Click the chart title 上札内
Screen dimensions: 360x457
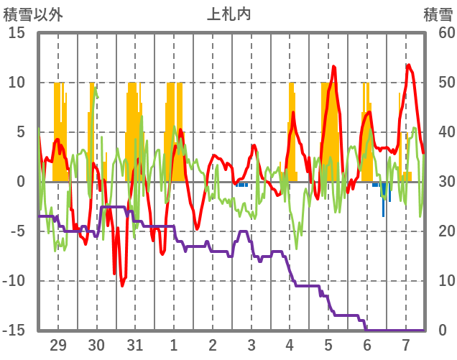(x=229, y=14)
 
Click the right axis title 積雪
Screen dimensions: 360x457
(x=437, y=14)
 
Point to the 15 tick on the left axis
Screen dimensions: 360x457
(x=18, y=33)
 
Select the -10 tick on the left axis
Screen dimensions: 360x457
(x=15, y=281)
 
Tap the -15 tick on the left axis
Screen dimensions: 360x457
(x=15, y=331)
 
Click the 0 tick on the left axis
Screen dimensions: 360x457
(x=22, y=182)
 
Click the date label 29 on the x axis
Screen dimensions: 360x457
(x=58, y=344)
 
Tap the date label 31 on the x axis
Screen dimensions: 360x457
(x=135, y=344)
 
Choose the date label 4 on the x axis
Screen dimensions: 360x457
(x=290, y=344)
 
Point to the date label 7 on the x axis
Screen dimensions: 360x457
(x=405, y=344)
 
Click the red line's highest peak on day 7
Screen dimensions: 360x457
(x=408, y=65)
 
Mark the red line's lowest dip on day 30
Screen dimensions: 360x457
(x=122, y=285)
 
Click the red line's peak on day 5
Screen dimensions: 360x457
(x=334, y=67)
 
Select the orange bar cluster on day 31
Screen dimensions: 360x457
(x=133, y=133)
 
